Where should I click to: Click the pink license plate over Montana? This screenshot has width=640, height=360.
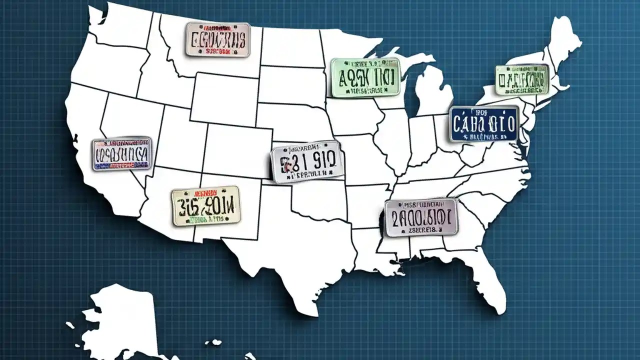point(217,39)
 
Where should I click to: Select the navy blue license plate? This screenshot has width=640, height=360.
point(484,123)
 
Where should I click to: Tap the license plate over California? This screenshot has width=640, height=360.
point(122,153)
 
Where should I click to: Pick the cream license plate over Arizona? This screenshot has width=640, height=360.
point(205,205)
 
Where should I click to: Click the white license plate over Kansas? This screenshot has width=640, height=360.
point(307,161)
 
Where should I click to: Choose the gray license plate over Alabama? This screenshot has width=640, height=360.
point(421,217)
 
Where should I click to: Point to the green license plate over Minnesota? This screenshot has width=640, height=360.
point(365,77)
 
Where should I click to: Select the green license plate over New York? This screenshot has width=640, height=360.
point(522,79)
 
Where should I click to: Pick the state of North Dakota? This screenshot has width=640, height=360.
point(290,47)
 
